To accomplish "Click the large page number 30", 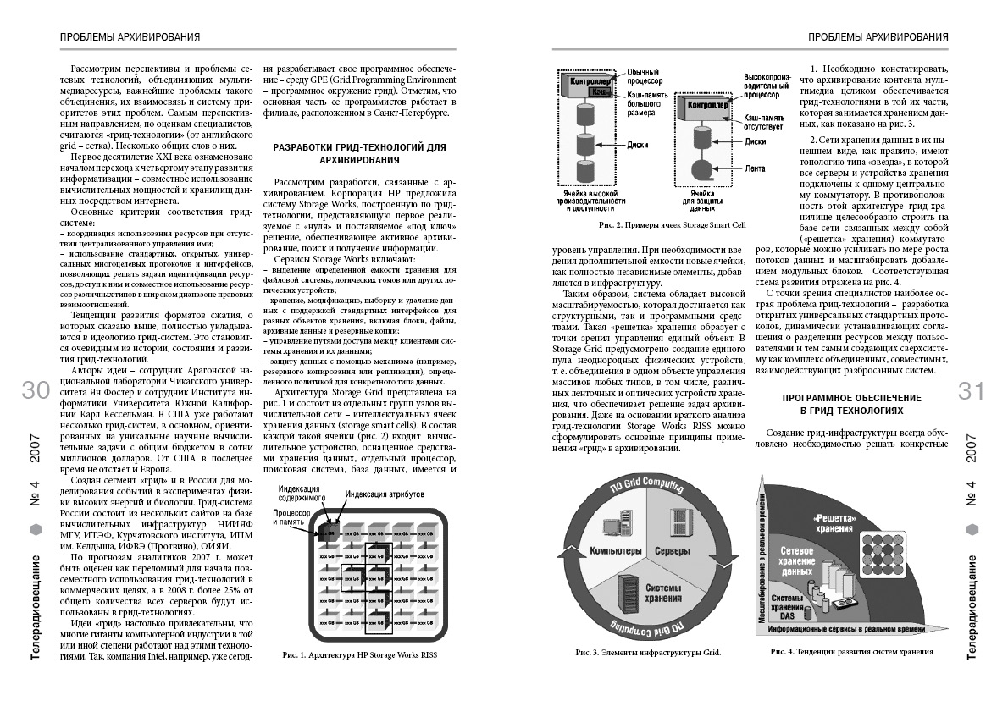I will (x=38, y=390).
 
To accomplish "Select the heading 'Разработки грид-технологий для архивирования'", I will (x=358, y=153).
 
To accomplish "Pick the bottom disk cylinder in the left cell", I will (x=585, y=174).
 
